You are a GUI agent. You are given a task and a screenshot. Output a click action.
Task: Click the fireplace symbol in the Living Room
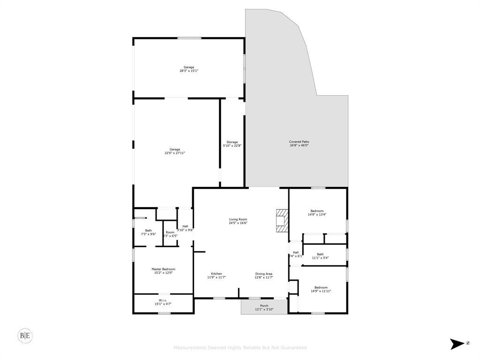[x=282, y=220]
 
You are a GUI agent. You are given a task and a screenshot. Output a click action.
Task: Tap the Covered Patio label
[x=299, y=142]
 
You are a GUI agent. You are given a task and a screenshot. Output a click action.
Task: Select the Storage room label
[x=232, y=142]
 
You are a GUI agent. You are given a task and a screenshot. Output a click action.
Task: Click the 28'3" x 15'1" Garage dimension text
[x=189, y=71]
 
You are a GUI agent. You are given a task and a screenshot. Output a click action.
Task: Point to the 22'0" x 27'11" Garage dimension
[x=175, y=153]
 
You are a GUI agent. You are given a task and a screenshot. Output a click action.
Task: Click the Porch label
[x=264, y=306]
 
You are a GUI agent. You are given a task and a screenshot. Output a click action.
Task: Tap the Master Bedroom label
[x=163, y=269]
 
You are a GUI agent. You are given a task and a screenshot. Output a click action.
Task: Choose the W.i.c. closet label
[x=163, y=300]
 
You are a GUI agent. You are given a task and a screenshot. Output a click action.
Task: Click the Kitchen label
[x=216, y=274]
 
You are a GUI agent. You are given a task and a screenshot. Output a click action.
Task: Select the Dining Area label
[x=263, y=274]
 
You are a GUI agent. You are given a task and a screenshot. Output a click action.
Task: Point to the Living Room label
[x=238, y=219]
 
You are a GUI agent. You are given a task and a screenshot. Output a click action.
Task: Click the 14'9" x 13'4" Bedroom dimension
[x=317, y=215]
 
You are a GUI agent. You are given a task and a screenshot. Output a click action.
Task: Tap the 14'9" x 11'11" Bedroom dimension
[x=321, y=291]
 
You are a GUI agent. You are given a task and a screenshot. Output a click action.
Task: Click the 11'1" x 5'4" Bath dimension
[x=320, y=258]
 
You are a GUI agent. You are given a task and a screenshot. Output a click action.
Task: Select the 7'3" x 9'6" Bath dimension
[x=148, y=234]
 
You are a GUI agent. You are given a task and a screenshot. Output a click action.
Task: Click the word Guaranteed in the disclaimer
[x=294, y=348]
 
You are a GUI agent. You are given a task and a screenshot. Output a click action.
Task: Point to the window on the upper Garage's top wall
[x=189, y=38]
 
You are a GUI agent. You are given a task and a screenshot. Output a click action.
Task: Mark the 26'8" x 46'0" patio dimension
[x=299, y=145]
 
